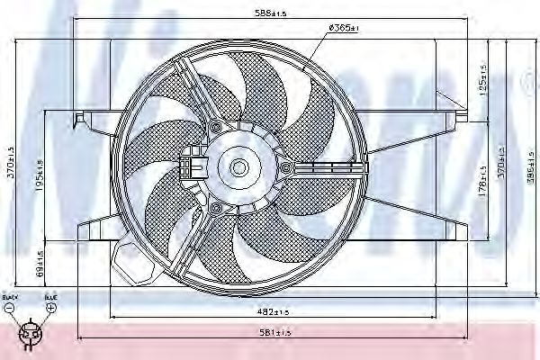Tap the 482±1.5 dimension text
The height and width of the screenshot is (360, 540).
point(270,311)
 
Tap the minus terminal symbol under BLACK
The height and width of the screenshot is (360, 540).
point(9,308)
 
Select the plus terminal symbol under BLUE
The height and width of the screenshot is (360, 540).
point(51,308)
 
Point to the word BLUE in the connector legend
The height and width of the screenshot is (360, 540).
point(51,296)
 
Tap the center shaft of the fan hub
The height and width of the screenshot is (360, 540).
point(238,166)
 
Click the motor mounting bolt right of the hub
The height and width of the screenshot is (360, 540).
point(286,167)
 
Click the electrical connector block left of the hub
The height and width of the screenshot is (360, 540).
point(190,166)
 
